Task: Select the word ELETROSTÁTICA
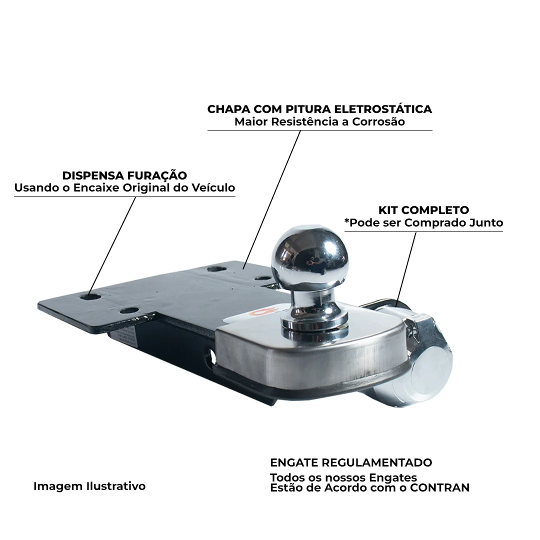pyautogui.click(x=383, y=109)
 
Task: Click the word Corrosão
pyautogui.click(x=378, y=121)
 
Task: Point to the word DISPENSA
pyautogui.click(x=92, y=175)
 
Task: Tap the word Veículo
pyautogui.click(x=213, y=187)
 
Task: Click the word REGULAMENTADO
pyautogui.click(x=377, y=462)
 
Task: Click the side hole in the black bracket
pyautogui.click(x=211, y=356)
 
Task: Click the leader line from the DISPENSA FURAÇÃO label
pyautogui.click(x=112, y=246)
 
